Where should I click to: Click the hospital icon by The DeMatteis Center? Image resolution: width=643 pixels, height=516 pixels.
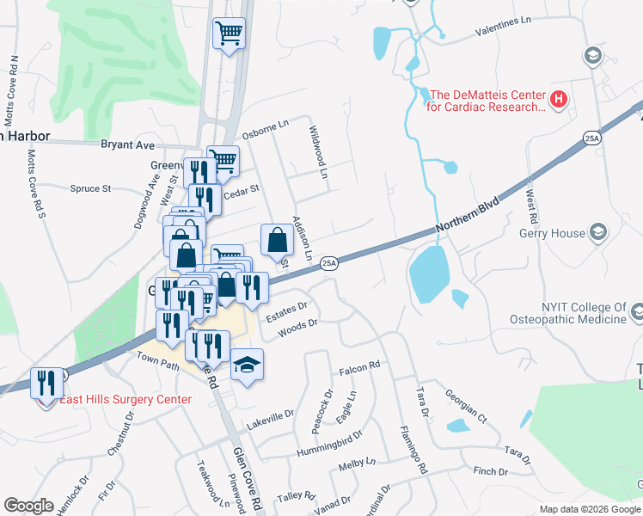(559, 101)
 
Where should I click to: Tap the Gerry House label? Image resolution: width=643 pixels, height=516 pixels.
(550, 233)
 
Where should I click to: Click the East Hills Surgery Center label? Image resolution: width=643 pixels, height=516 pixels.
(126, 400)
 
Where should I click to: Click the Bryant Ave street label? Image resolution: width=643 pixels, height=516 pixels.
(127, 144)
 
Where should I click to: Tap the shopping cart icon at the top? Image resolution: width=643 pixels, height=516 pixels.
(229, 34)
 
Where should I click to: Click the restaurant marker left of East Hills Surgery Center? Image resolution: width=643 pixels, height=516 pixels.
(46, 380)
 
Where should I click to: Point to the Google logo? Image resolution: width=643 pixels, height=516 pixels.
(29, 506)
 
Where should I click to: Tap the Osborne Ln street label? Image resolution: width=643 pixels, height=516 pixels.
(265, 126)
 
